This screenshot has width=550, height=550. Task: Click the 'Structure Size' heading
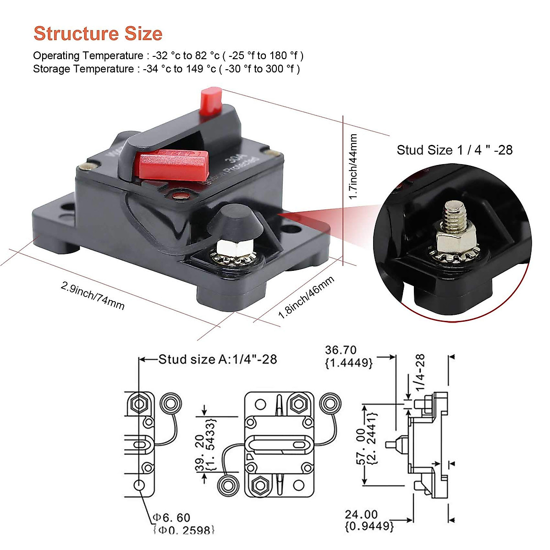point(98,34)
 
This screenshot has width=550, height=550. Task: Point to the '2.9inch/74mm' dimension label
point(93,295)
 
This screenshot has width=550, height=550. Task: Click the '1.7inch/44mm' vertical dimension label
point(353,166)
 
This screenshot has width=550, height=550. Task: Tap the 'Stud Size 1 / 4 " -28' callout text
point(454,150)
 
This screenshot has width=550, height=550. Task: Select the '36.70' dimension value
point(341,350)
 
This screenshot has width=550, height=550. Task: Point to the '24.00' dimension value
point(362,515)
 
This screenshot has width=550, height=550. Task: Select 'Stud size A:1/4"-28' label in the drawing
point(218,359)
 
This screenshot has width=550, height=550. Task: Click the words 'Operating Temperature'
point(88,56)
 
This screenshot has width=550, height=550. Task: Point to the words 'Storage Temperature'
point(83,69)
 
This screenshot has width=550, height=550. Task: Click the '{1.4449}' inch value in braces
point(349,363)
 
